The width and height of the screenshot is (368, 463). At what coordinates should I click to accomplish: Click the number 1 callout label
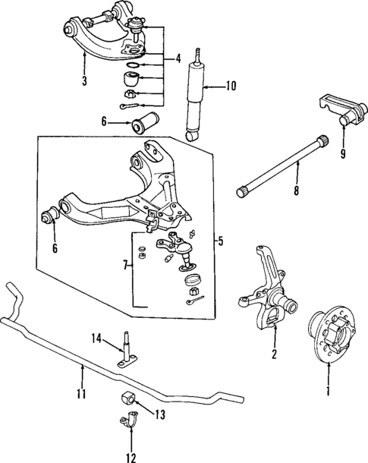point(328,392)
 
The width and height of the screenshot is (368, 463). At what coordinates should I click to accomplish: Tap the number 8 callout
point(296,192)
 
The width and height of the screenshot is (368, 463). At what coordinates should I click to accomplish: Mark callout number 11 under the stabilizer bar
point(81,394)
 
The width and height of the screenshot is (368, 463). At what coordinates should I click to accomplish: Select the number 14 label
point(96,339)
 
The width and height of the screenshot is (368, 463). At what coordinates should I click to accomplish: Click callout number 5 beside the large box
point(220,242)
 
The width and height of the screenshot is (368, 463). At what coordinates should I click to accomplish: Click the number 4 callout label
point(177,58)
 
